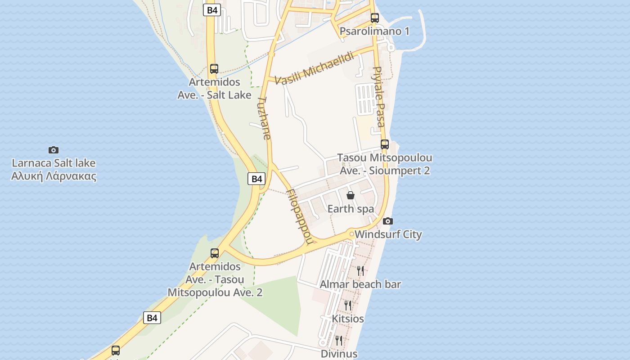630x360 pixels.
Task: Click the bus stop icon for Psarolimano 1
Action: pos(374,18)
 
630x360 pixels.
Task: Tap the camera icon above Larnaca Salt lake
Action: pos(54,150)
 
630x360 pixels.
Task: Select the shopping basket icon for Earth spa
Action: pos(351,195)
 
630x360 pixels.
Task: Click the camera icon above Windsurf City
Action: pos(387,221)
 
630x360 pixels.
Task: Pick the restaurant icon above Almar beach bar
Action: pos(360,270)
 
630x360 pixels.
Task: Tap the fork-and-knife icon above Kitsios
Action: pos(348,305)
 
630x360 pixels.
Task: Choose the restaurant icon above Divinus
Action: pos(339,340)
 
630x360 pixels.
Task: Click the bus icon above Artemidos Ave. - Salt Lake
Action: pos(214,69)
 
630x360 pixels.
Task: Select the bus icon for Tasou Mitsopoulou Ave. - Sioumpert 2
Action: pos(384,144)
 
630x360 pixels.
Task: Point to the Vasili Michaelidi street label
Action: pos(315,67)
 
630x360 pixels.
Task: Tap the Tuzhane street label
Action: pos(265,118)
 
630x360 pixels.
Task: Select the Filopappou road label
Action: pos(299,216)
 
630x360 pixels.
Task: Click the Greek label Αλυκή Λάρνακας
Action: pos(54,175)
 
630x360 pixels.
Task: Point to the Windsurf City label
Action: pos(388,234)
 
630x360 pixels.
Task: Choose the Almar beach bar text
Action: pos(360,284)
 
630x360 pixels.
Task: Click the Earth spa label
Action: pos(351,209)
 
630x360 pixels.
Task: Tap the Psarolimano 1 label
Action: pos(374,31)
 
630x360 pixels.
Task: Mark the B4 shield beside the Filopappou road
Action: pos(256,179)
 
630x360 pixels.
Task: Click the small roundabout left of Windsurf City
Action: pos(351,234)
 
